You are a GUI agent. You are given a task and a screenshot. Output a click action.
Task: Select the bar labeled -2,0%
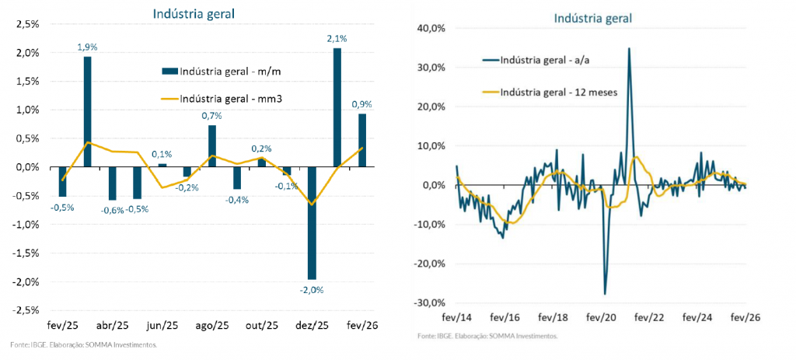pyautogui.click(x=312, y=222)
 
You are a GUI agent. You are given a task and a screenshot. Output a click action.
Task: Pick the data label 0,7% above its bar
pyautogui.click(x=211, y=116)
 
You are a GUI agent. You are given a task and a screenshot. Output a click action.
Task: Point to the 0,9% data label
pyautogui.click(x=361, y=104)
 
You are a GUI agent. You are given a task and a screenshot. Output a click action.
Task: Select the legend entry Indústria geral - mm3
pyautogui.click(x=225, y=98)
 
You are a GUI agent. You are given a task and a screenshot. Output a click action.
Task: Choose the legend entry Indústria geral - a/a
pyautogui.click(x=540, y=59)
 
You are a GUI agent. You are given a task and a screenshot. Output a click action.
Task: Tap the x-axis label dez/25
pyautogui.click(x=311, y=324)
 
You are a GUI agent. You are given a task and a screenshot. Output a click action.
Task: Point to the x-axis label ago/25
pyautogui.click(x=211, y=324)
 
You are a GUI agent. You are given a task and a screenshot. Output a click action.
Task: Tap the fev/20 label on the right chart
pyautogui.click(x=602, y=318)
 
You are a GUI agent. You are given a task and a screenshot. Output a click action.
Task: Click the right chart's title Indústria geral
pyautogui.click(x=593, y=17)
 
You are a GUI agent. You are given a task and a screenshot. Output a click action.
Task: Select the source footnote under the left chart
pyautogui.click(x=84, y=344)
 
